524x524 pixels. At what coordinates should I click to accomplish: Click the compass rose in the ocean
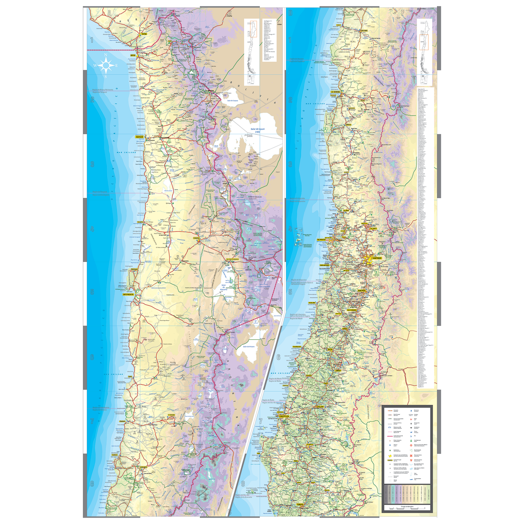click(106, 65)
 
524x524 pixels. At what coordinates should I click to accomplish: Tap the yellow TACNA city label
click(144, 34)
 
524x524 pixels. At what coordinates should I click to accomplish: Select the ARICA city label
click(133, 55)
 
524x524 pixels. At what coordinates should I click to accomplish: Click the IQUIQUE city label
click(139, 137)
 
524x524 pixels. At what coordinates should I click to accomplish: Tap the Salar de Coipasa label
click(232, 101)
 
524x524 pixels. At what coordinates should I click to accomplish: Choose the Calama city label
click(196, 238)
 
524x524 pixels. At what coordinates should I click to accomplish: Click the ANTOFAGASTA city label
click(128, 294)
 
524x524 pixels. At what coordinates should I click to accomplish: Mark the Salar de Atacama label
click(224, 287)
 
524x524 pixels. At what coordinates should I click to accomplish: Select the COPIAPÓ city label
click(143, 467)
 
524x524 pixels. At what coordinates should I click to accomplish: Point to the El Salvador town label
click(171, 415)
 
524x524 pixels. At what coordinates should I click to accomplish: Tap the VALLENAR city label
click(364, 30)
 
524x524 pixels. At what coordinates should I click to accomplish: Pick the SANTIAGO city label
click(377, 258)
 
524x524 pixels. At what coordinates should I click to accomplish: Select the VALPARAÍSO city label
click(321, 240)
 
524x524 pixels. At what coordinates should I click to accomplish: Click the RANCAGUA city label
click(362, 290)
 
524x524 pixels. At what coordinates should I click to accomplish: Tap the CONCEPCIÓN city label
click(284, 416)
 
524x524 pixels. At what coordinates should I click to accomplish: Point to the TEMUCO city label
click(300, 504)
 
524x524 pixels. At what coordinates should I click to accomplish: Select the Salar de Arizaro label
click(249, 347)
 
